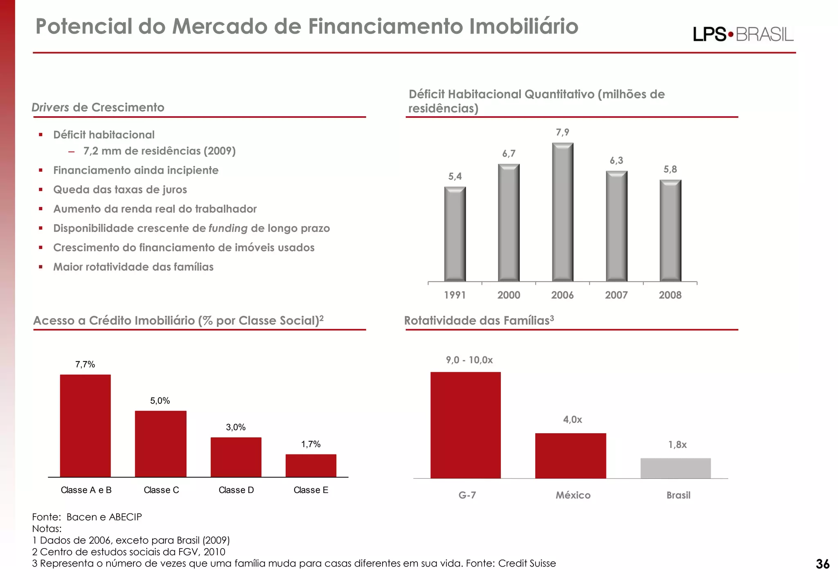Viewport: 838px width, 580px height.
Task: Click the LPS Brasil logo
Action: coord(743,34)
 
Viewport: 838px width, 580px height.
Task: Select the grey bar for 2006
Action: coord(563,213)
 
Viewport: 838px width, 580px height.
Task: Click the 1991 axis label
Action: coord(455,295)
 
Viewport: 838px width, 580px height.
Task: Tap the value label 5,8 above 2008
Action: coord(670,169)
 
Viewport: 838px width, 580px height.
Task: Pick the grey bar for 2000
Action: coord(509,223)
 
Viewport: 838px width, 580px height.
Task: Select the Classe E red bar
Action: coord(311,465)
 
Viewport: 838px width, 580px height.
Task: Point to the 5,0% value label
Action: coord(160,401)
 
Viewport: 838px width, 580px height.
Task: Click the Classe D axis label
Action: coord(236,490)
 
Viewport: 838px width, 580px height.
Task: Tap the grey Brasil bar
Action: coord(675,468)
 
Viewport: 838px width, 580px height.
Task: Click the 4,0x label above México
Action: coord(572,420)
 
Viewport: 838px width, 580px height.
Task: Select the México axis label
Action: coord(573,495)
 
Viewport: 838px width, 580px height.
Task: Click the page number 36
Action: coord(822,564)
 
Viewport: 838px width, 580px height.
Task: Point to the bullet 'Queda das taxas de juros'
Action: coord(120,190)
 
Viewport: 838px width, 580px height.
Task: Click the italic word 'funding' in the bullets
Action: coord(228,228)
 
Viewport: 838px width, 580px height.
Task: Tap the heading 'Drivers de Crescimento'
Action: coord(98,108)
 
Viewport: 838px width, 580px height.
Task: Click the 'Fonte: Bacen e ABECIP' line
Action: coord(87,517)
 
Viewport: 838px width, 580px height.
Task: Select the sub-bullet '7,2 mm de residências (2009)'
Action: coord(159,151)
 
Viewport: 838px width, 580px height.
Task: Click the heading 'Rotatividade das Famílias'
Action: coord(479,321)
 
